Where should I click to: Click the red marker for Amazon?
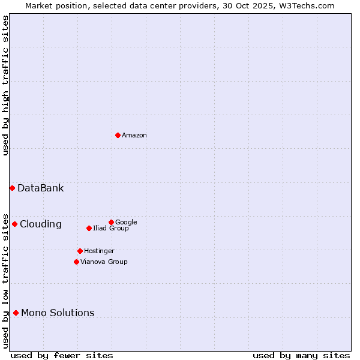(x=118, y=135)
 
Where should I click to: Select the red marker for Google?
(x=111, y=222)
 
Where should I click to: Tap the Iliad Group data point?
(x=89, y=228)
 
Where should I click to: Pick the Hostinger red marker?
(x=80, y=251)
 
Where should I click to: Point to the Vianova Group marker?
(x=76, y=262)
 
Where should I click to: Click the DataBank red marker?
(x=12, y=188)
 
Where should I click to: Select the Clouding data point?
(x=14, y=224)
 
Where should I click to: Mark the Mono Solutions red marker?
(x=16, y=313)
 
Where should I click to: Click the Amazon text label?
(x=134, y=136)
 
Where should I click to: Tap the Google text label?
(x=126, y=222)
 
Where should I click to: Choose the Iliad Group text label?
(x=111, y=229)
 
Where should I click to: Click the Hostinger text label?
(x=99, y=251)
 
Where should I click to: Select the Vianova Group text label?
(x=104, y=262)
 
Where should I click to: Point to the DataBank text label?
(x=40, y=188)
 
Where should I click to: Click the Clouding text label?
(x=40, y=224)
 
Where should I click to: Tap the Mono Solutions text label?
(x=58, y=313)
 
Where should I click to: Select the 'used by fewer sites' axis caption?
(x=62, y=355)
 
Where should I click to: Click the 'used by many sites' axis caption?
(x=301, y=355)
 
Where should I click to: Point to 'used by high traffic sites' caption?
(x=5, y=85)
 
